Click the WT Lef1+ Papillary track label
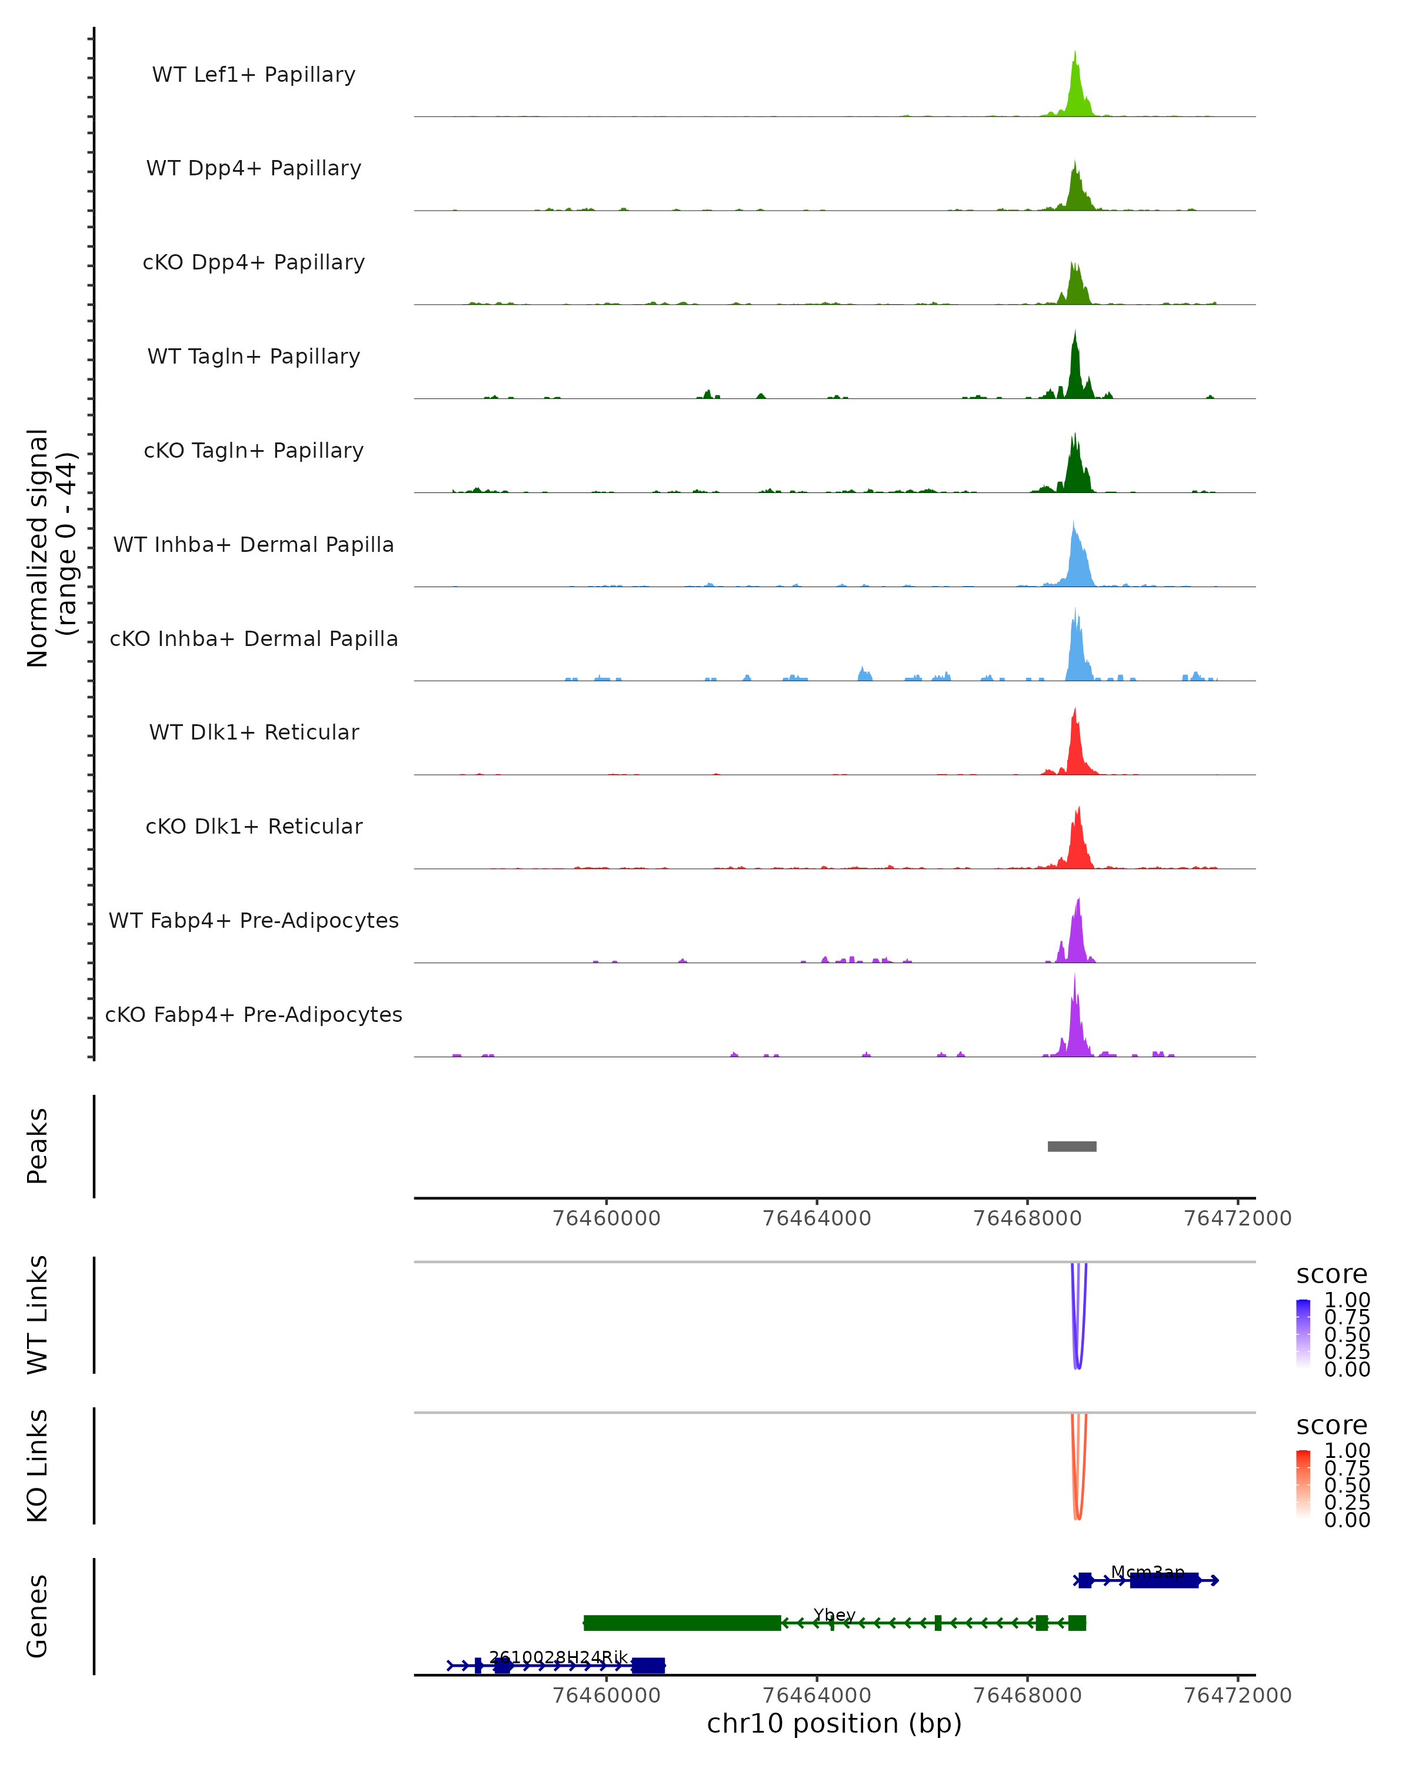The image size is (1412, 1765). click(254, 75)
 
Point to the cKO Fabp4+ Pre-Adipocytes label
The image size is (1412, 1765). click(254, 1014)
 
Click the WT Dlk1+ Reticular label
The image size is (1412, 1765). click(254, 732)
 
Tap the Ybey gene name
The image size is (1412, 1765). click(834, 1614)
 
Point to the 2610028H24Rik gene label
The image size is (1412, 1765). click(558, 1657)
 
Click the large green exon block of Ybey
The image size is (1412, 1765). click(682, 1623)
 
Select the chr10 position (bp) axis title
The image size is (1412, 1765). click(834, 1723)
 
